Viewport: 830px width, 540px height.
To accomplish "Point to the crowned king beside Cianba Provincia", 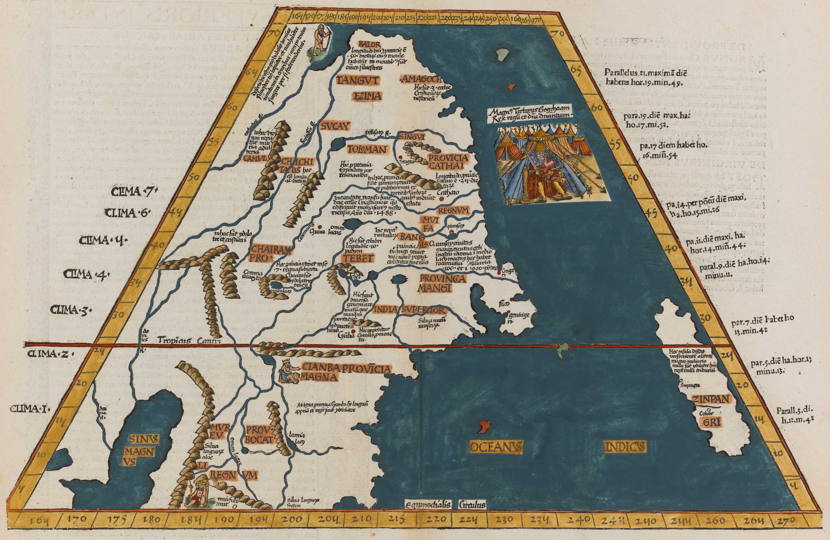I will tap(288, 371).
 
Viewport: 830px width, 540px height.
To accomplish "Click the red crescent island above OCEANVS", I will tap(484, 426).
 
